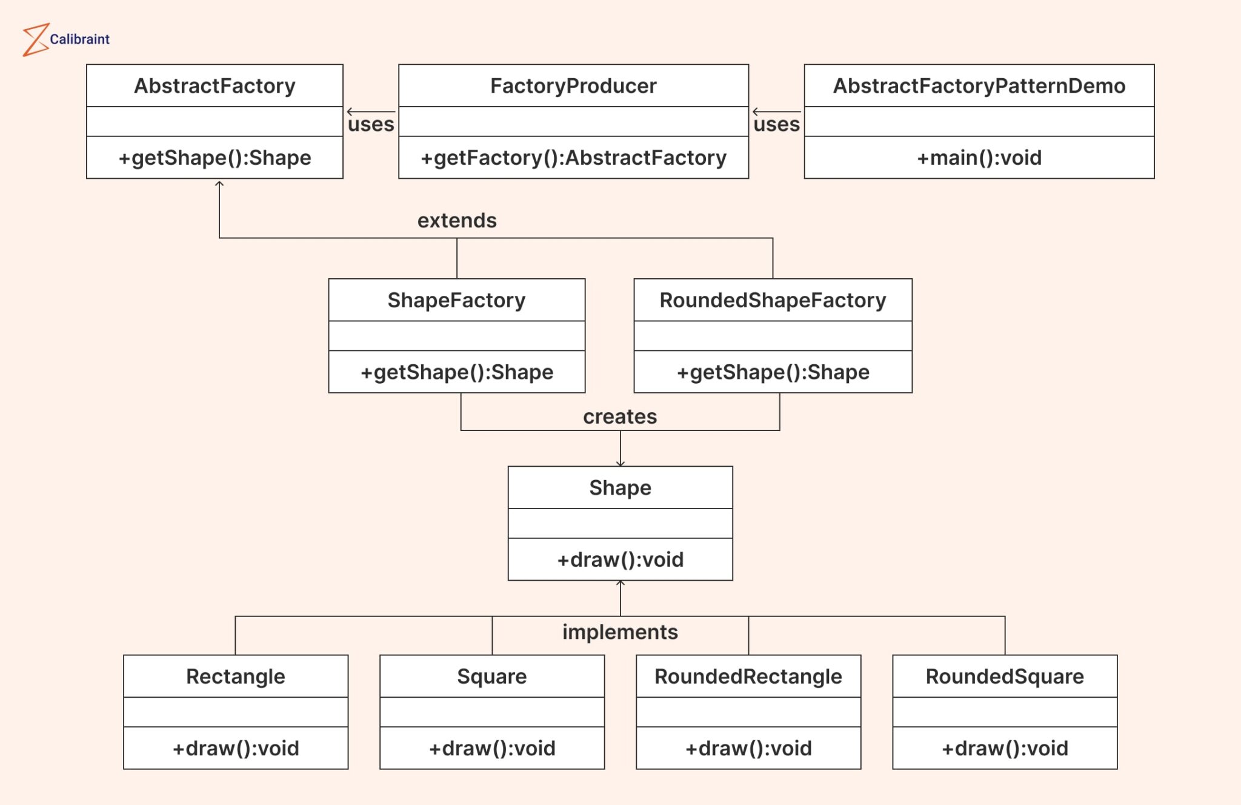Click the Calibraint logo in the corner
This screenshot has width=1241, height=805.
tap(65, 39)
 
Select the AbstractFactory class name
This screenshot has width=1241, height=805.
tap(215, 86)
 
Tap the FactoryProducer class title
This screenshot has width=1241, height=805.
tap(573, 86)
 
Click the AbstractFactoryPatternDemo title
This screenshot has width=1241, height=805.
tap(979, 86)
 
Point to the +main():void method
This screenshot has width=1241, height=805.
tap(979, 158)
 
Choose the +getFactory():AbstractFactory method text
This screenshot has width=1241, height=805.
tap(573, 158)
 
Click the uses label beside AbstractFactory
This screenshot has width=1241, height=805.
tap(371, 124)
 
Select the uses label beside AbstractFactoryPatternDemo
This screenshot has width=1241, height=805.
tap(776, 124)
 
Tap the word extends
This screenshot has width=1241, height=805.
tap(457, 220)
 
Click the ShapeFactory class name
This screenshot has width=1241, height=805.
tap(456, 300)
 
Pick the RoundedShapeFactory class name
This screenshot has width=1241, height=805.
tap(773, 300)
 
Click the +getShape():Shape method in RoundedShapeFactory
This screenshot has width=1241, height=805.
tap(773, 372)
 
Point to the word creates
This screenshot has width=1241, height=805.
tap(620, 416)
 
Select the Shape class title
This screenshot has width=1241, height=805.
tap(620, 487)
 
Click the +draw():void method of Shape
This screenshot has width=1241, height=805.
tap(620, 559)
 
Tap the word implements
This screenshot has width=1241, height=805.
tap(620, 632)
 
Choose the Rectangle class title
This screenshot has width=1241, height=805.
tap(235, 676)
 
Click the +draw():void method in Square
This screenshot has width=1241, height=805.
tap(492, 748)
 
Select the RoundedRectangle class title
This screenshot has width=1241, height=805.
tap(748, 676)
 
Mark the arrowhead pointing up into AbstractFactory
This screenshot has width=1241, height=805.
tap(219, 184)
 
